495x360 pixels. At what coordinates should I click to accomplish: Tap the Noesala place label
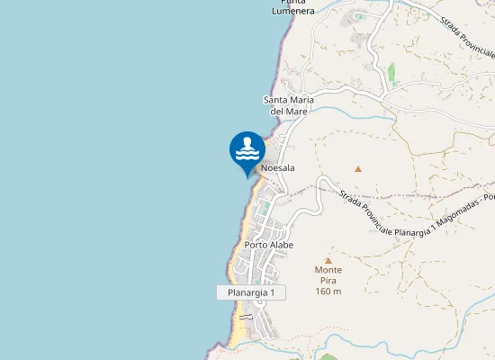(278, 168)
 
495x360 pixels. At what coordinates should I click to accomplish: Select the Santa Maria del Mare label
(285, 105)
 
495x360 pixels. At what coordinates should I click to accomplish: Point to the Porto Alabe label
(269, 245)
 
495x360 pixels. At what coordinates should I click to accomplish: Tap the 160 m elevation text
(328, 291)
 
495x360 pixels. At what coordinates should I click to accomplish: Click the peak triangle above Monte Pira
(328, 260)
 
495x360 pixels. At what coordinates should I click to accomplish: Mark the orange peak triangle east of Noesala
(358, 168)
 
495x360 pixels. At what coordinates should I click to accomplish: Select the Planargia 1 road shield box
(251, 292)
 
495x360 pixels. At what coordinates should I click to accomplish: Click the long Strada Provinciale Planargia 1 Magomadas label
(409, 216)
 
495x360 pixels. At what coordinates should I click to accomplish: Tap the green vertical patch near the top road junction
(391, 72)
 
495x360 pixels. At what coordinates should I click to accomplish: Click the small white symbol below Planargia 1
(245, 317)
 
